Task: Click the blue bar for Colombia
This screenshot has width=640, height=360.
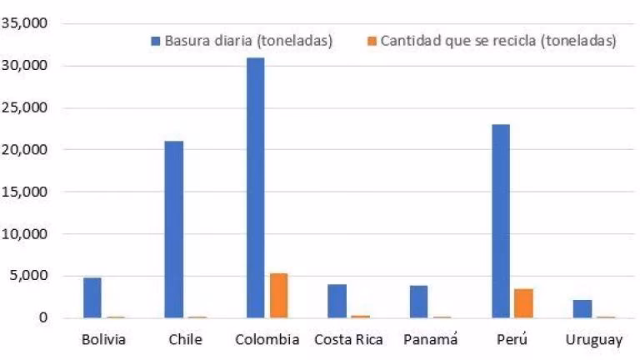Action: point(255,187)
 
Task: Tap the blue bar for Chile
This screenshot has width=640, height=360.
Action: point(173,229)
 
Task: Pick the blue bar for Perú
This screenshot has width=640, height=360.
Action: point(501,221)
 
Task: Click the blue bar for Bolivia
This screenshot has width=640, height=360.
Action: point(92,297)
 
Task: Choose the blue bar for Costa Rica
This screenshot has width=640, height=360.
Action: point(337,301)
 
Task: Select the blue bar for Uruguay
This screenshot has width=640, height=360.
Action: point(582,308)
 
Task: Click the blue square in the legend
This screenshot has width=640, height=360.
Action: point(156,41)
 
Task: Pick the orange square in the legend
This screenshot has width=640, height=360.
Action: point(372,41)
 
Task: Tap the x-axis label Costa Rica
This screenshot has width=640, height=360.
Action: point(349,340)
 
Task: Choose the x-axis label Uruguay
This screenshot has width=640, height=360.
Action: point(593,340)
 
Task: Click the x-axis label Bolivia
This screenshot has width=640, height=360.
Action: point(104,340)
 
